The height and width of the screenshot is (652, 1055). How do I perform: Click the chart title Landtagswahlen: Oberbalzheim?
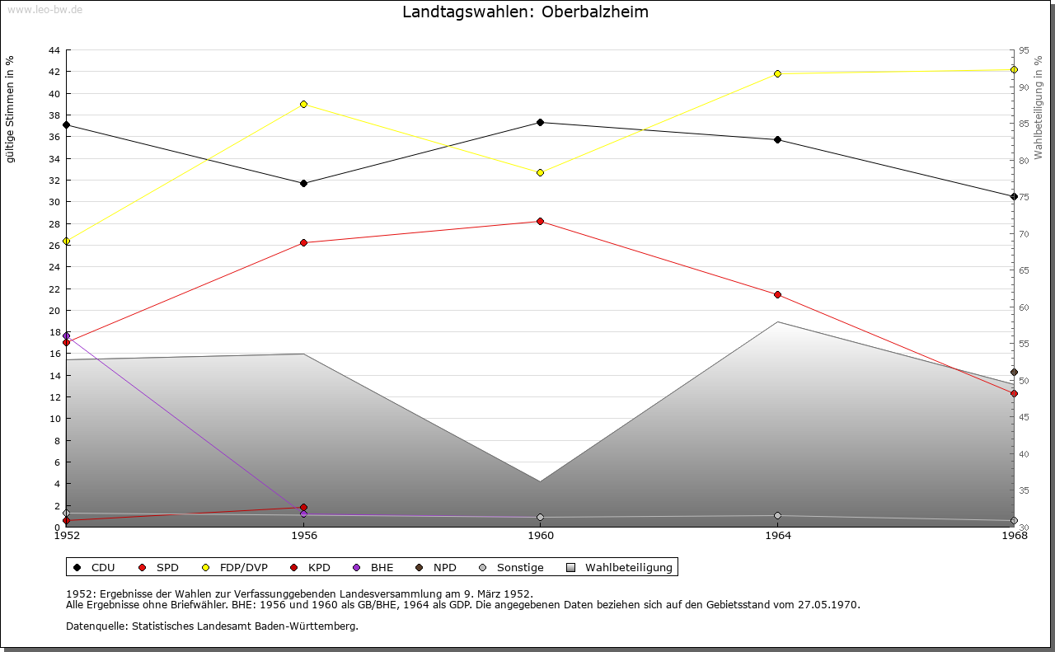[525, 12]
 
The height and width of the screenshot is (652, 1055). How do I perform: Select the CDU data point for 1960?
[540, 122]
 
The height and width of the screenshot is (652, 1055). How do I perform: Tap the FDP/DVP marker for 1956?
[303, 104]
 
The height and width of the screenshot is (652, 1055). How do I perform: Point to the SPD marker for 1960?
[540, 221]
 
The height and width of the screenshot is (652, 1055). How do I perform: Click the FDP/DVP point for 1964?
[777, 73]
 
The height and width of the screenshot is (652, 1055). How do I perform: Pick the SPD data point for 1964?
[777, 294]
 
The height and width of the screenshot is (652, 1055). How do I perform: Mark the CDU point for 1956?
[303, 183]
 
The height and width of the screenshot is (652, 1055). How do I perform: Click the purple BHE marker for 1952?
[66, 335]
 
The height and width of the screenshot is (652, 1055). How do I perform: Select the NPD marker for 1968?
[1014, 372]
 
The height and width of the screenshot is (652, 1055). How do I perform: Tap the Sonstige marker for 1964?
[777, 515]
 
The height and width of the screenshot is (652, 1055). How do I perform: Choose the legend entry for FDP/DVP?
[235, 567]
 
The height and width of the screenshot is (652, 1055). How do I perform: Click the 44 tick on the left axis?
[54, 50]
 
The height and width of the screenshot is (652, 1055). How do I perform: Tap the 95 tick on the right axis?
[1023, 50]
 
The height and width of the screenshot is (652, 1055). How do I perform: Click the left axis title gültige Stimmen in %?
[11, 110]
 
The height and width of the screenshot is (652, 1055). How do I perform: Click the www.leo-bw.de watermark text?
[44, 9]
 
